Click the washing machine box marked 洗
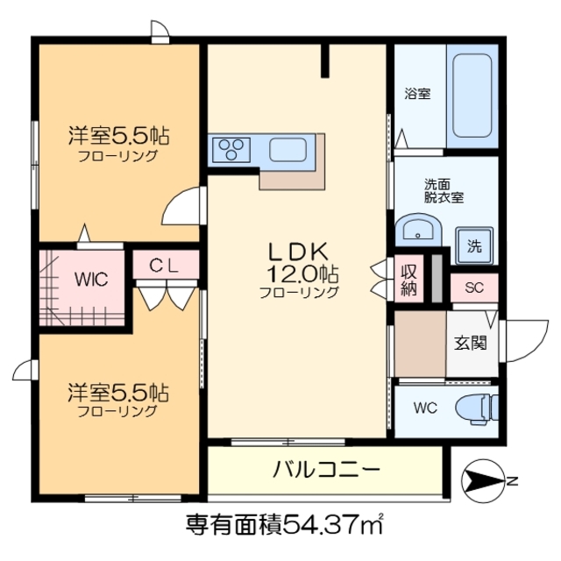tap(474, 245)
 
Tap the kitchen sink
tap(287, 150)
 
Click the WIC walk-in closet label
tap(90, 280)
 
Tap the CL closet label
tap(164, 265)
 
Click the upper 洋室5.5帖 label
tap(119, 137)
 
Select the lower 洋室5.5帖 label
tap(119, 391)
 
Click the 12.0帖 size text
tap(298, 273)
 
